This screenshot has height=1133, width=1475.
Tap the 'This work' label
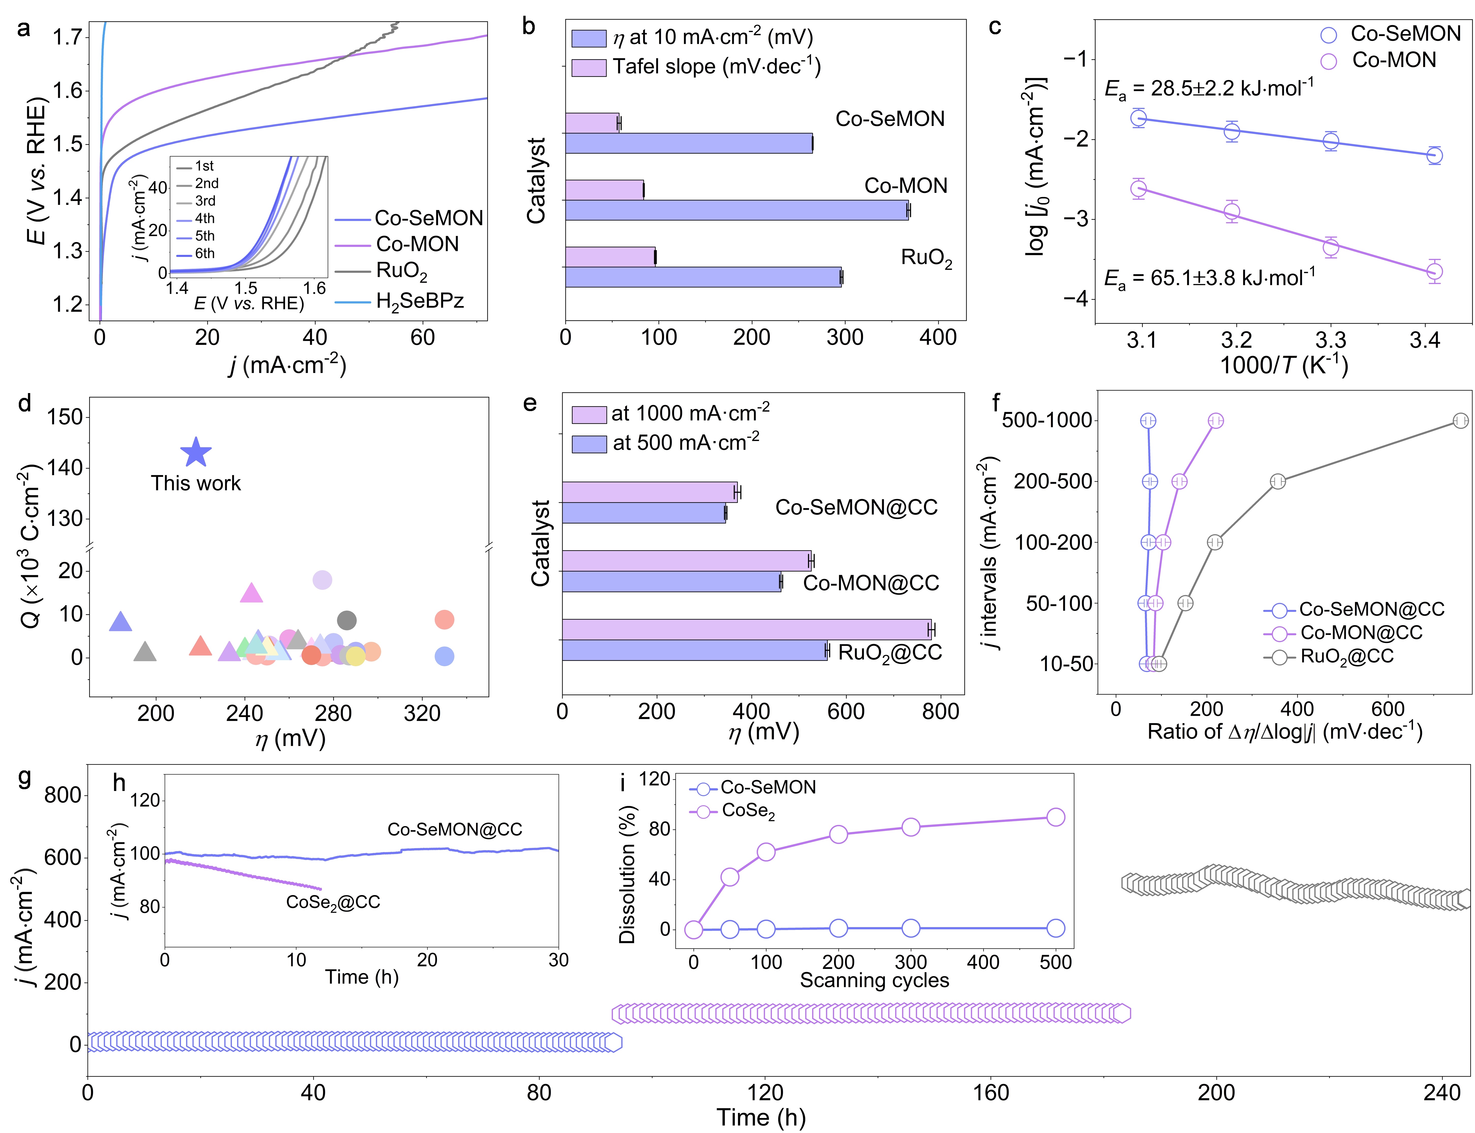click(x=196, y=483)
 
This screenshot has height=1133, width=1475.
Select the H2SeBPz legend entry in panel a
click(x=419, y=301)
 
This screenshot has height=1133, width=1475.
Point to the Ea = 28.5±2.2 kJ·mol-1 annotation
click(x=1209, y=88)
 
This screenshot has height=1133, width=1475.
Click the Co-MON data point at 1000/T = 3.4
click(x=1435, y=271)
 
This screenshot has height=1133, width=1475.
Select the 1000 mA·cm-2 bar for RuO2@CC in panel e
click(x=746, y=629)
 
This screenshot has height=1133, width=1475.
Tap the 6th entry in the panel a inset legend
click(x=204, y=254)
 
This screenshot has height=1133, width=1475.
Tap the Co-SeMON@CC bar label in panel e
click(x=856, y=507)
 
